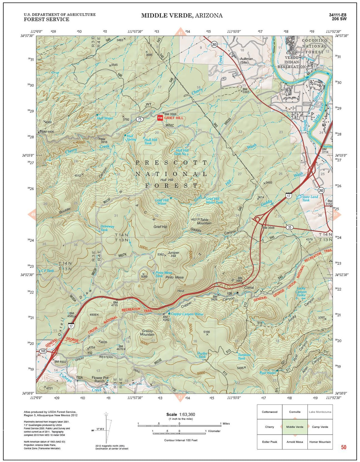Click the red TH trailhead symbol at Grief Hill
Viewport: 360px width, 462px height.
tap(160, 118)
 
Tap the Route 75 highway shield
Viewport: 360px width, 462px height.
tap(139, 119)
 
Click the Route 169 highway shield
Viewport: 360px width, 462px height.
tap(43, 351)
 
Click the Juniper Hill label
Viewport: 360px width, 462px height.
tap(173, 254)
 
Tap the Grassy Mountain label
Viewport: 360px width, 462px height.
tap(147, 333)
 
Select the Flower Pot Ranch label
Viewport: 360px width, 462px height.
tap(100, 379)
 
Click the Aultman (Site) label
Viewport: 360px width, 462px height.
tap(246, 61)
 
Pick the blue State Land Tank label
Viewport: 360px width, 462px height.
tap(310, 198)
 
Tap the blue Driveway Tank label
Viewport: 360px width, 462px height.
tap(107, 228)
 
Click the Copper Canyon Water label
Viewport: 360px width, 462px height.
tap(187, 314)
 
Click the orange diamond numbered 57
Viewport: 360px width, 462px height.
tap(180, 398)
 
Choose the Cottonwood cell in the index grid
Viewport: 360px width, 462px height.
tap(269, 412)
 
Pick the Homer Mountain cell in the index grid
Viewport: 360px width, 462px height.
tap(320, 442)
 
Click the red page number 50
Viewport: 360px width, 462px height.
tap(343, 447)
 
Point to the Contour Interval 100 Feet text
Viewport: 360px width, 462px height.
tap(181, 440)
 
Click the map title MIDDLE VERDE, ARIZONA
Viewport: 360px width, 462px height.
tap(182, 16)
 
